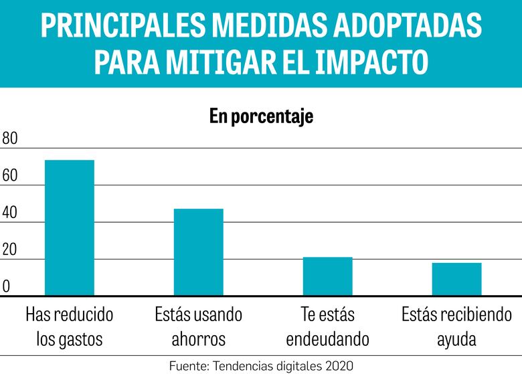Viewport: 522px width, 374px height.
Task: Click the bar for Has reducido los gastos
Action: [x=69, y=227]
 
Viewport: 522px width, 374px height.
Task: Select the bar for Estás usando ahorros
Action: [x=198, y=252]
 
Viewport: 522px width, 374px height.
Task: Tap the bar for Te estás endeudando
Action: [x=327, y=276]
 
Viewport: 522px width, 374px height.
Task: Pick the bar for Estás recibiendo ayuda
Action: [x=456, y=279]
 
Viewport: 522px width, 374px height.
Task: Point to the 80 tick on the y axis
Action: [x=10, y=139]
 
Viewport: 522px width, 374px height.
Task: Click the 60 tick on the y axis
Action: [x=10, y=177]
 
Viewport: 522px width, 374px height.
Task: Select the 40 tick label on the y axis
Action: [x=10, y=213]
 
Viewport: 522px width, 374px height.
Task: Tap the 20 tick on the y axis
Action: [x=10, y=251]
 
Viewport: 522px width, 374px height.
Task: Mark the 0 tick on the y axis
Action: [x=6, y=287]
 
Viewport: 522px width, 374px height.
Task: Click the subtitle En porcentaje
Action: [x=261, y=116]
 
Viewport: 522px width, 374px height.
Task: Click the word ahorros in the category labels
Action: [x=198, y=339]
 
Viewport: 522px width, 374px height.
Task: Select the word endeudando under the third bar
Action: [x=327, y=339]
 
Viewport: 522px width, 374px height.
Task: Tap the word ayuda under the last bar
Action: [x=456, y=339]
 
